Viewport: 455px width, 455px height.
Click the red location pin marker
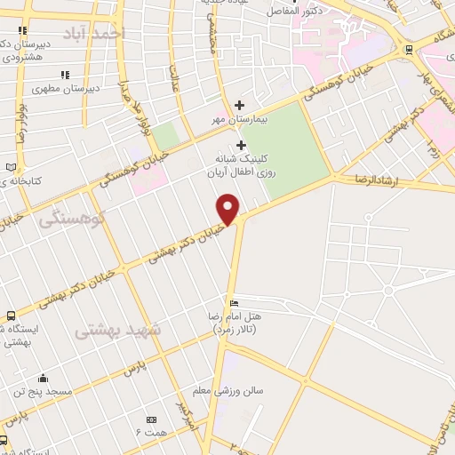228,210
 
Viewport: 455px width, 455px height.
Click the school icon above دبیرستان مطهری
64,75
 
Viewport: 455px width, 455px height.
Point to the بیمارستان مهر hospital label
233,118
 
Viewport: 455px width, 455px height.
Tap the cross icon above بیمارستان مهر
239,105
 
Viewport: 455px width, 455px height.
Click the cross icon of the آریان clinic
241,145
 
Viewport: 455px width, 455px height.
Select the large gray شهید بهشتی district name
116,331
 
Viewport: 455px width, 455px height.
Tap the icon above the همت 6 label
150,419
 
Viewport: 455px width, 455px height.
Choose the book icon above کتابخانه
11,168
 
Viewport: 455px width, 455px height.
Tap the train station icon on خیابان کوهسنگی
408,51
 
